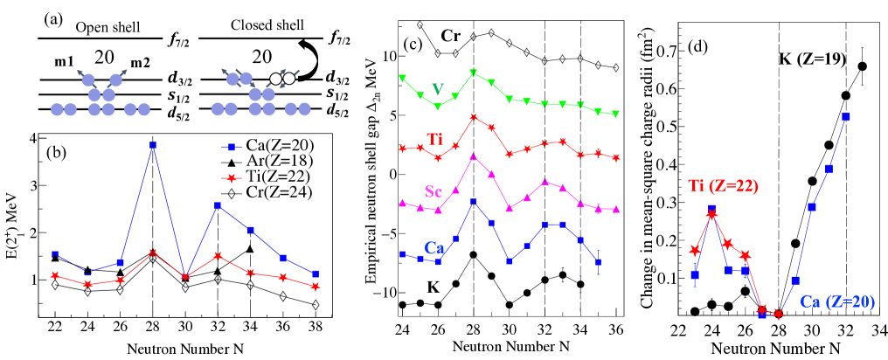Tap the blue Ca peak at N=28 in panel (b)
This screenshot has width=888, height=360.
152,144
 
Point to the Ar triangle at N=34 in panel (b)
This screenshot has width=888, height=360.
249,249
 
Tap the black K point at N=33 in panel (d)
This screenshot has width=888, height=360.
863,66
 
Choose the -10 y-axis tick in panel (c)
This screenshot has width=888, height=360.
379,292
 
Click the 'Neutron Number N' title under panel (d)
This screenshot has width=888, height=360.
767,349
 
